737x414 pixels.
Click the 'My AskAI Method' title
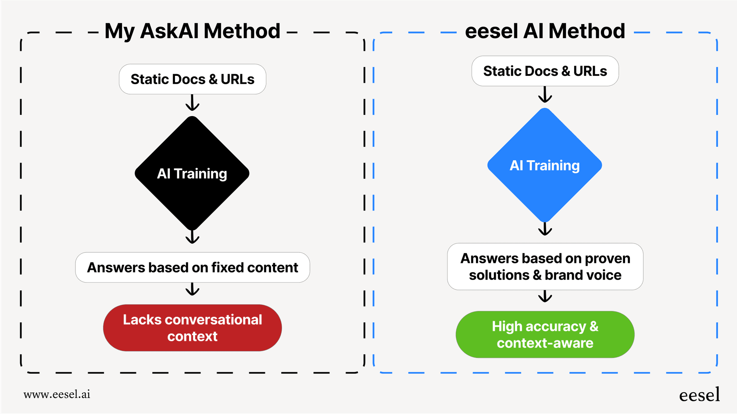192,32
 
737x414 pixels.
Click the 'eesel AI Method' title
545,32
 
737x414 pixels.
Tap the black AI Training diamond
192,173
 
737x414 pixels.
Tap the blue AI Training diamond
545,165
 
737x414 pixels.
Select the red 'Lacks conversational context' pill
192,328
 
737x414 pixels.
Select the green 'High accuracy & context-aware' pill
545,335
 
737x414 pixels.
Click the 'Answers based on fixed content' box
192,267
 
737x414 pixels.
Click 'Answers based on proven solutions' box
545,266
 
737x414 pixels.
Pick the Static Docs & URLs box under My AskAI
192,79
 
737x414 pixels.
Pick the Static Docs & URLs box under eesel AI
545,71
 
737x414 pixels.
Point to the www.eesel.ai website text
57,394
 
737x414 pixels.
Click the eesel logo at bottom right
699,395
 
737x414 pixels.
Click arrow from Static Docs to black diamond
192,104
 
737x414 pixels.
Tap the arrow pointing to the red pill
192,290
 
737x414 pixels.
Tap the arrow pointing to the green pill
545,297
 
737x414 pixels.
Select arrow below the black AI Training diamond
192,237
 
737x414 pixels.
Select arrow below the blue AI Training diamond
545,229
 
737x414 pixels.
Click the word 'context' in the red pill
192,336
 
